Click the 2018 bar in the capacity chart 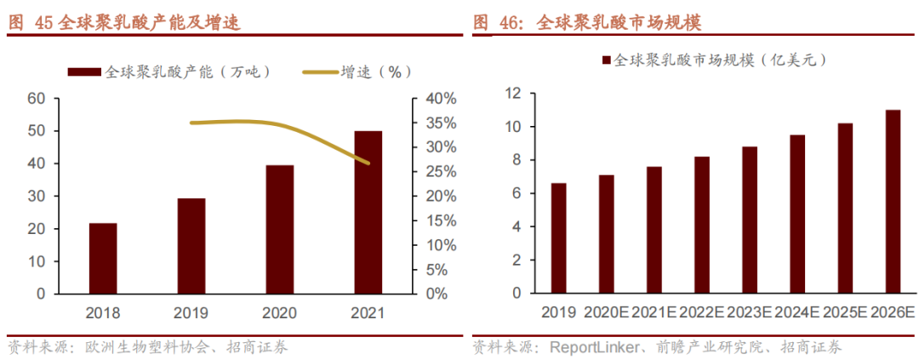click(x=103, y=259)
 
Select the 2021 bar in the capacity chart click(x=368, y=213)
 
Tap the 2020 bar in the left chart click(x=279, y=230)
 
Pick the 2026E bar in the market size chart click(x=893, y=202)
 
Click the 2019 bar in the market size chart click(x=558, y=238)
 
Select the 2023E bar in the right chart click(x=750, y=220)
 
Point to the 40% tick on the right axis click(x=440, y=99)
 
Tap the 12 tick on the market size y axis click(x=513, y=94)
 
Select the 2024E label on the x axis click(x=797, y=312)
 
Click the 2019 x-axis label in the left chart click(x=191, y=312)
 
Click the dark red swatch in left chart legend click(x=83, y=72)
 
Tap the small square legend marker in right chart click(x=606, y=61)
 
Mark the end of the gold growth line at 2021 click(x=368, y=163)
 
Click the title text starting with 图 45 click(x=123, y=23)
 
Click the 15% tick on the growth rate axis click(x=440, y=220)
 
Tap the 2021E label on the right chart click(x=654, y=312)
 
